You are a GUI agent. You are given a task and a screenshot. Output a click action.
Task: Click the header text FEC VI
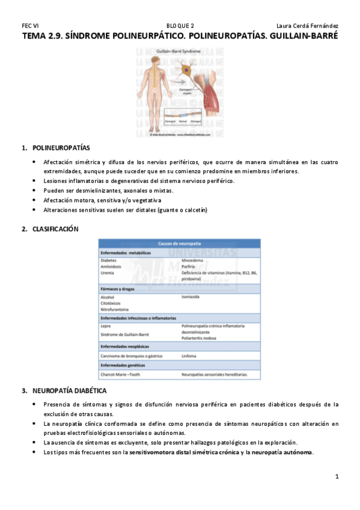click(x=30, y=25)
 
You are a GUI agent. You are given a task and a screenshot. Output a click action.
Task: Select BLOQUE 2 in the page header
click(x=180, y=25)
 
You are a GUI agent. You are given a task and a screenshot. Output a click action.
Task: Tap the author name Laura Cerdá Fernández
click(x=307, y=25)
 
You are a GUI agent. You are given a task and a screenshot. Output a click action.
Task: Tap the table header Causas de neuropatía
click(x=180, y=243)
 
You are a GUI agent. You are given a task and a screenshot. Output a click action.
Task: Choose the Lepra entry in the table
click(x=106, y=326)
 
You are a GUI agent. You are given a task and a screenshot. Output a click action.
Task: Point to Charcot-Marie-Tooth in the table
click(x=124, y=374)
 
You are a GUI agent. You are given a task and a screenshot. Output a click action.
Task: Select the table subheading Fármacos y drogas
click(x=121, y=289)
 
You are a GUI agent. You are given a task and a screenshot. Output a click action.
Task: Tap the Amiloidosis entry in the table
click(x=113, y=266)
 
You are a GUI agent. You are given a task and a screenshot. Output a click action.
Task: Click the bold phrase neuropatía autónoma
click(x=282, y=452)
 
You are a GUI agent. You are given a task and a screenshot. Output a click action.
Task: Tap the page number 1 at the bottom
click(x=337, y=477)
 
